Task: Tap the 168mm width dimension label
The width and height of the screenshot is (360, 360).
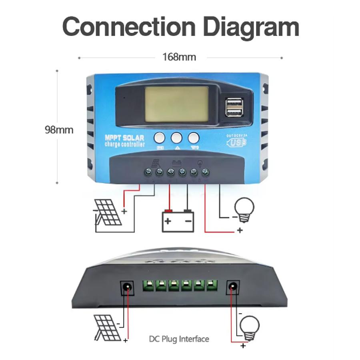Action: pyautogui.click(x=179, y=57)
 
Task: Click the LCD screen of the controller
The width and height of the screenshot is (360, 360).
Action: pyautogui.click(x=177, y=104)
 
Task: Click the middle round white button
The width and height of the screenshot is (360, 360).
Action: pyautogui.click(x=176, y=138)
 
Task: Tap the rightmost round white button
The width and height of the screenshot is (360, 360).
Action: pyautogui.click(x=194, y=138)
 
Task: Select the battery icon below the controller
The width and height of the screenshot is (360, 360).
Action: pyautogui.click(x=178, y=220)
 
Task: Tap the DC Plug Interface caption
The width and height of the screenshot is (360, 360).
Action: pyautogui.click(x=179, y=339)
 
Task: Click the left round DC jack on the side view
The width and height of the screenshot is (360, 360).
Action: pyautogui.click(x=127, y=286)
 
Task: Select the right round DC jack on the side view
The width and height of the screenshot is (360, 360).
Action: pyautogui.click(x=233, y=286)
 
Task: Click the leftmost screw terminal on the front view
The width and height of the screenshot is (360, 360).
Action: pyautogui.click(x=148, y=172)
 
